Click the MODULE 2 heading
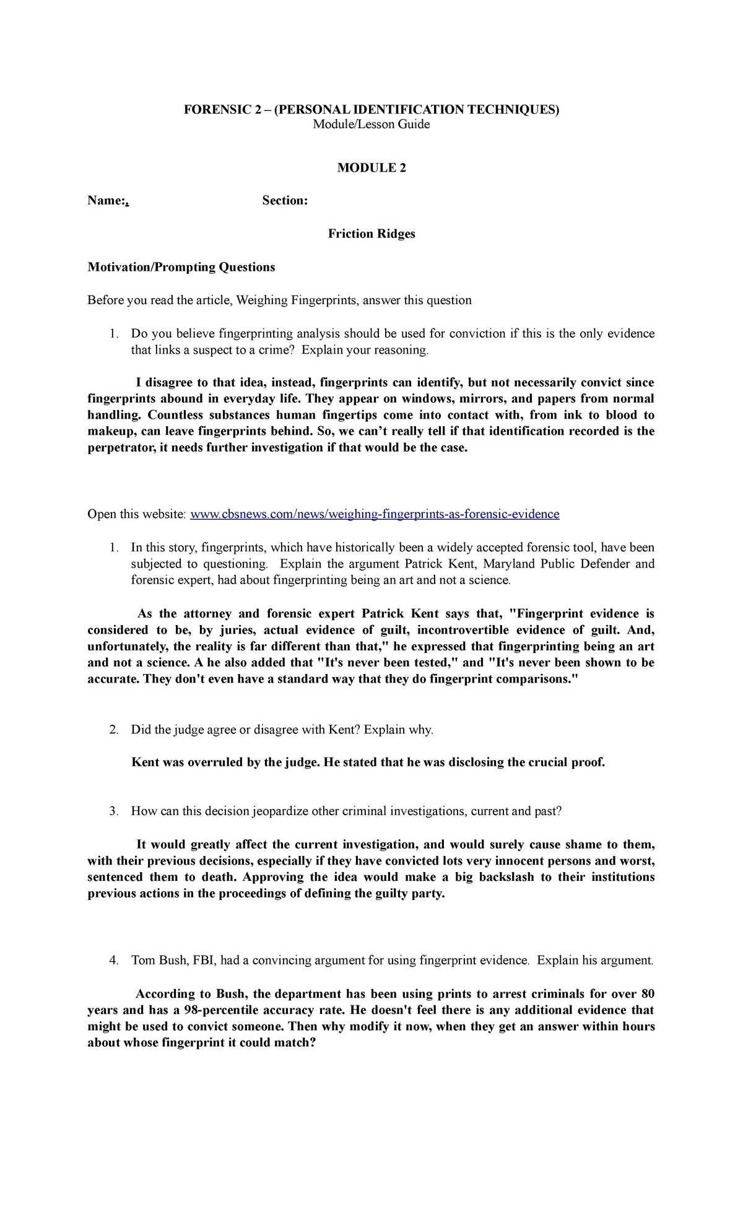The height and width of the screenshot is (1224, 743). (371, 168)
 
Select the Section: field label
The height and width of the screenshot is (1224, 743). (285, 201)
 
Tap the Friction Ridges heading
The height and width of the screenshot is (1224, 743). (371, 234)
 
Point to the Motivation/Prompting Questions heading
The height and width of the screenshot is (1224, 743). (181, 267)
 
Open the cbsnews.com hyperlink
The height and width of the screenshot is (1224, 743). (375, 514)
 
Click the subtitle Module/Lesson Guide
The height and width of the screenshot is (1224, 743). (371, 125)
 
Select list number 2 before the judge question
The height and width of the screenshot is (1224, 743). (113, 730)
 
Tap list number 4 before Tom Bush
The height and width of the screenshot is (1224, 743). (113, 961)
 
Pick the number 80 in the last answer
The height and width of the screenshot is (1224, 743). (648, 994)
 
